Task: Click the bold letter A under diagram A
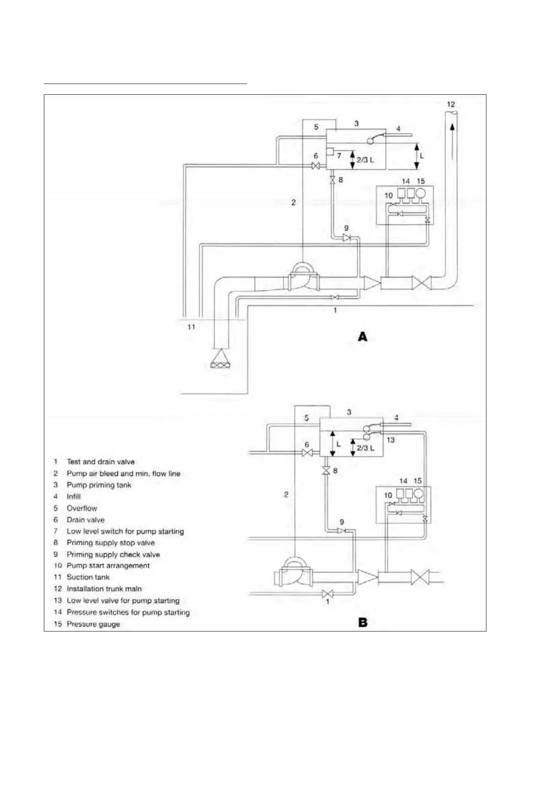(362, 337)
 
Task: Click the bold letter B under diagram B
(362, 623)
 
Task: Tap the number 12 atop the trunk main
(451, 105)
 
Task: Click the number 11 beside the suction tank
(191, 327)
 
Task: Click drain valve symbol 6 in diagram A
(316, 166)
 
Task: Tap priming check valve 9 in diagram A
(347, 238)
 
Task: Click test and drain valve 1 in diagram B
(327, 594)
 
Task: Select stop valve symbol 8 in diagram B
(326, 471)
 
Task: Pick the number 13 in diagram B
(391, 440)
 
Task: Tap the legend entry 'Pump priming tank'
(99, 485)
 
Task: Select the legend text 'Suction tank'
(88, 577)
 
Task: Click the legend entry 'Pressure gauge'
(93, 624)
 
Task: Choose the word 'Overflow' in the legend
(82, 508)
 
